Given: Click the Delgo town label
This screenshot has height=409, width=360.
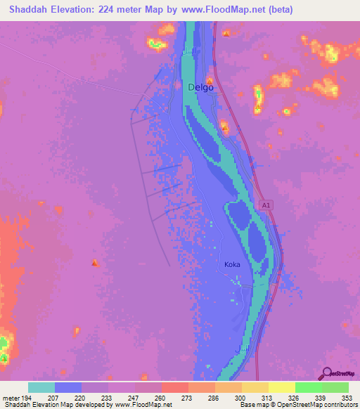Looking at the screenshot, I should (200, 88).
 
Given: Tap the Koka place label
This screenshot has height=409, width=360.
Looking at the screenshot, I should (232, 264).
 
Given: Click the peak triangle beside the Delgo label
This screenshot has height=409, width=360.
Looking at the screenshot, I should (210, 81).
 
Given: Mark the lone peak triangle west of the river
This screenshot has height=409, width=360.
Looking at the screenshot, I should (95, 263).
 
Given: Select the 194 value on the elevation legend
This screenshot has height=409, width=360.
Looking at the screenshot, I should (27, 398).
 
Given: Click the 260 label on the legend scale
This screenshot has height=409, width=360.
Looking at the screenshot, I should (161, 398).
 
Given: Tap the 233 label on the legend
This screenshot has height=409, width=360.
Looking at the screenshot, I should (108, 398).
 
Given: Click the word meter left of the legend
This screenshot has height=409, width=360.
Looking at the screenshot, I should (10, 398).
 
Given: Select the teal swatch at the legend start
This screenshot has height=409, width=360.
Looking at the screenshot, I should (41, 387).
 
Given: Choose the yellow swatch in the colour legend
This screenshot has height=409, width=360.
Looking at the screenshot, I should (281, 387).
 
